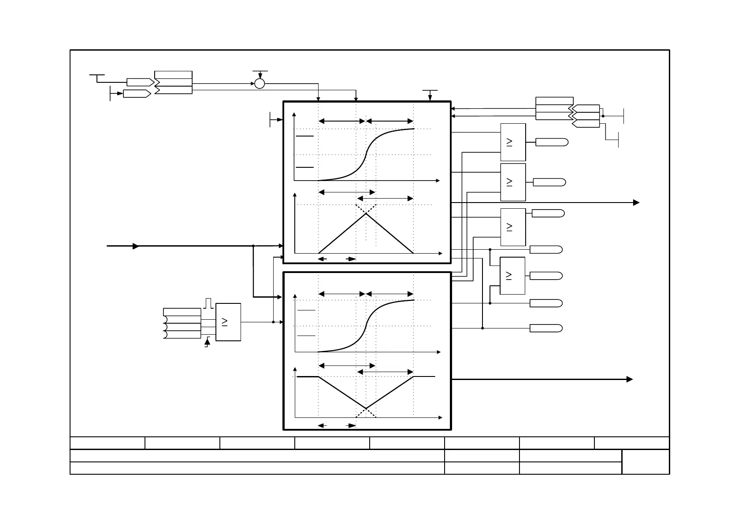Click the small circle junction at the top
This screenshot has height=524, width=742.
(x=260, y=83)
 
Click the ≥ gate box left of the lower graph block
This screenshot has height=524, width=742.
(x=228, y=322)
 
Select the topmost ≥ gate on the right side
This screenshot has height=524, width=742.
(x=513, y=142)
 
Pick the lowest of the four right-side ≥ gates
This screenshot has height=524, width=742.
(x=512, y=276)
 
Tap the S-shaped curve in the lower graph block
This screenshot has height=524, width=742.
(x=366, y=326)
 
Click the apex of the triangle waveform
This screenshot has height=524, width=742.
(x=366, y=214)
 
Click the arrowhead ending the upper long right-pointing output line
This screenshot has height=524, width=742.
(x=636, y=203)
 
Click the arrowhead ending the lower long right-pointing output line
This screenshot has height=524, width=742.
(x=630, y=379)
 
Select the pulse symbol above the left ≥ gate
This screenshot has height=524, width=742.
(x=209, y=303)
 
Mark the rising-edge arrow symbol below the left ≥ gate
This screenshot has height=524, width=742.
(x=207, y=342)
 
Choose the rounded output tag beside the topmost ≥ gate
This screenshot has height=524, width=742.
(x=552, y=142)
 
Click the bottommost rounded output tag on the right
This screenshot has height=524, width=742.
(x=546, y=328)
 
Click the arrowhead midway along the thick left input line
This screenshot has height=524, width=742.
(x=136, y=246)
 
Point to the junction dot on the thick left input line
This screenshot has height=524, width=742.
(x=253, y=246)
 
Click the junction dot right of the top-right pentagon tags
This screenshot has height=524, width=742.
(x=603, y=116)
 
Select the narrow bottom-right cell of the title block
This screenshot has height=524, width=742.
(x=646, y=461)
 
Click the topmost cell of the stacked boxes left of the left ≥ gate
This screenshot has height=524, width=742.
(x=182, y=312)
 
